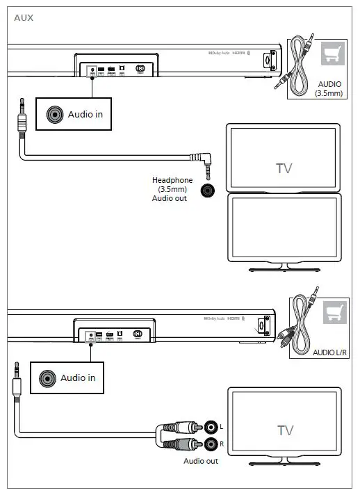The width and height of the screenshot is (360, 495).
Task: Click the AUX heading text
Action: tap(23, 17)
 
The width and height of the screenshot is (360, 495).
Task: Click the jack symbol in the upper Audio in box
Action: tap(54, 114)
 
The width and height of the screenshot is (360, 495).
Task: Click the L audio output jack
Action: tap(209, 425)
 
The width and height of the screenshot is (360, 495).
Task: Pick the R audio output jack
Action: tap(209, 443)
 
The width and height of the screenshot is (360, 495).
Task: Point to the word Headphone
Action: tap(172, 181)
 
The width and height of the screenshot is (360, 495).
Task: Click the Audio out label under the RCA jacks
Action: tap(201, 461)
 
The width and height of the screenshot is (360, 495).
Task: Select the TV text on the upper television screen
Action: tap(284, 168)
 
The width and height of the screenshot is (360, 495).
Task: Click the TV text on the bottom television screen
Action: tap(285, 430)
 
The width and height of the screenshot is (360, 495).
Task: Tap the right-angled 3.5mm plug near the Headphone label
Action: tap(206, 165)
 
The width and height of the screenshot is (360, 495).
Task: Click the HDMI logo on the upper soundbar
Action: tap(238, 53)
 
